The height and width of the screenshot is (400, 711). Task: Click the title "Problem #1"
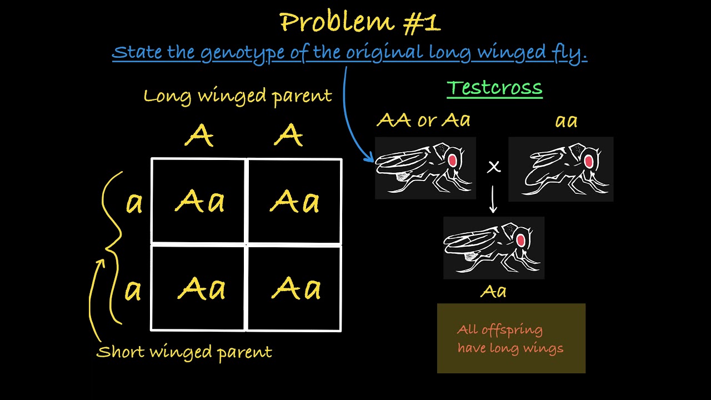(360, 23)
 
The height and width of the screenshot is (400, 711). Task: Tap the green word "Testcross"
(494, 88)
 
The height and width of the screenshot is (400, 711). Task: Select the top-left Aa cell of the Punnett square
(199, 201)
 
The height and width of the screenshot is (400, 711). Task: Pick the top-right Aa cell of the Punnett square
(294, 201)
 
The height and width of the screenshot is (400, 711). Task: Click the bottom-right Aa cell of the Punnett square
(296, 288)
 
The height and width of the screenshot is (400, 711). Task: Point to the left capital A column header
(199, 135)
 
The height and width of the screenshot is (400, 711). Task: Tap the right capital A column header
(288, 135)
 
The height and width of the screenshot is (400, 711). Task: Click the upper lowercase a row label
(134, 203)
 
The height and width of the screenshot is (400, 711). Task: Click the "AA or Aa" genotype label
(423, 119)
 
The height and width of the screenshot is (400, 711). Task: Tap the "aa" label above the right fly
(566, 121)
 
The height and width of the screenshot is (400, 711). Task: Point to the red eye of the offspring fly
(520, 241)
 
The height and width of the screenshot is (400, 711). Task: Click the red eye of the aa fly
(588, 162)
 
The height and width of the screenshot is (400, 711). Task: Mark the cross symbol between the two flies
(493, 167)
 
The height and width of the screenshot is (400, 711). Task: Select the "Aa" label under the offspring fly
(493, 291)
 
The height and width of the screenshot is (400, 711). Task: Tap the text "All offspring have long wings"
(510, 339)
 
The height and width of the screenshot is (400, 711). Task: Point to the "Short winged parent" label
(184, 352)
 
